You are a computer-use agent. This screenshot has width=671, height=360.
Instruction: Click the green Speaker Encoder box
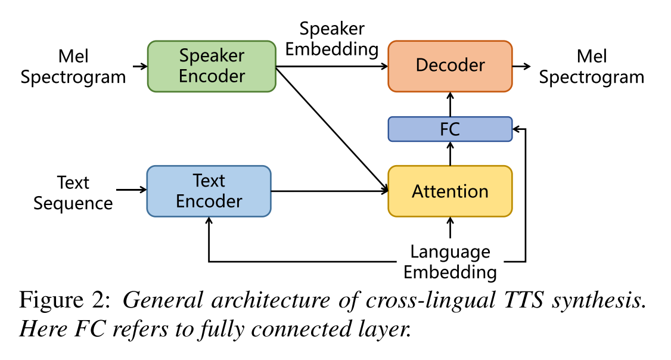click(x=212, y=66)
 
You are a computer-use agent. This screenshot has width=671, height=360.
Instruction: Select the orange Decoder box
click(x=450, y=66)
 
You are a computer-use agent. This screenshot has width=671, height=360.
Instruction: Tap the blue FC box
click(x=450, y=129)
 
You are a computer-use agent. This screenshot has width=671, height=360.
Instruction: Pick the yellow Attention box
click(x=450, y=191)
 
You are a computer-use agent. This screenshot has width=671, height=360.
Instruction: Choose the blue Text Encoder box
click(x=209, y=191)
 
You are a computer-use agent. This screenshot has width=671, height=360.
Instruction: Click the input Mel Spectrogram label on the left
click(x=73, y=67)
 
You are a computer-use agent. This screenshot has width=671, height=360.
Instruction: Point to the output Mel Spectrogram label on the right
click(x=591, y=67)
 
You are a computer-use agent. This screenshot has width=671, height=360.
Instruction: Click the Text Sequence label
click(x=73, y=193)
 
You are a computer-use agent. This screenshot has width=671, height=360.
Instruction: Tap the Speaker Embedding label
click(x=332, y=39)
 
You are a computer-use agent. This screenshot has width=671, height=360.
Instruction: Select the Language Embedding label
click(x=450, y=262)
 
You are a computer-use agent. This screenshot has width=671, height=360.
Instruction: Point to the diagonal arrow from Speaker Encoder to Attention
click(x=331, y=128)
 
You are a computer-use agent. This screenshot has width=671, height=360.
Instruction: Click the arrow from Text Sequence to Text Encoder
click(x=131, y=190)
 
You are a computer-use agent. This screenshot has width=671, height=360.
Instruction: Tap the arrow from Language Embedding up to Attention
click(x=450, y=228)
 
